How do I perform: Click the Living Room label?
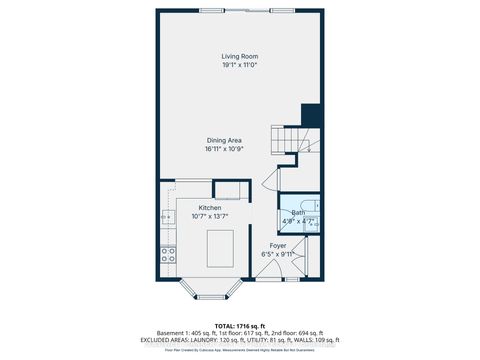coord(239,56)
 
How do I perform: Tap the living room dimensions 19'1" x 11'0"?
coord(239,65)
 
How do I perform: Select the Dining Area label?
coord(225,139)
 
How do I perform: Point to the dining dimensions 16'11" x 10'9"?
coord(225,148)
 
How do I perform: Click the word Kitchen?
coord(210,207)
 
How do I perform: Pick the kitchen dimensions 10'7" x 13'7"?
coord(210,216)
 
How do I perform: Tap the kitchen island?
coord(220,246)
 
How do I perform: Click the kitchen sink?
coord(165,217)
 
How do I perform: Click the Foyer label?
coord(277,244)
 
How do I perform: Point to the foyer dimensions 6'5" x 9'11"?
coord(277,253)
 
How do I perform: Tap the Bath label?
coord(298,212)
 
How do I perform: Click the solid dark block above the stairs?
coord(310,114)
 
